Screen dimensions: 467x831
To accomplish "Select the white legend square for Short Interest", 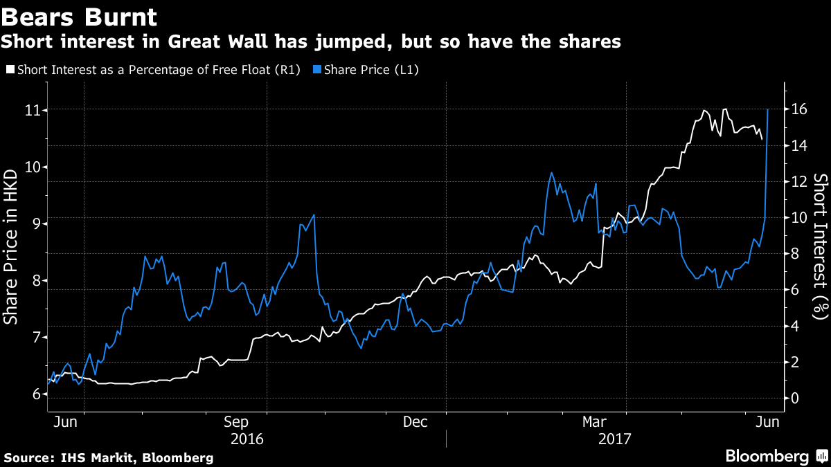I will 10,69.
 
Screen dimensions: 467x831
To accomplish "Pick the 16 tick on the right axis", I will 798,110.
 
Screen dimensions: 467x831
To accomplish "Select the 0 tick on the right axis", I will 794,399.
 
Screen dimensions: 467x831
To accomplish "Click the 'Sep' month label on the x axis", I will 236,421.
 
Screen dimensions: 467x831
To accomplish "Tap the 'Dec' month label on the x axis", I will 416,421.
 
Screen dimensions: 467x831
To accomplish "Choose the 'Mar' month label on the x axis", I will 595,421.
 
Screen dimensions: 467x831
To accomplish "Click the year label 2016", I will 247,439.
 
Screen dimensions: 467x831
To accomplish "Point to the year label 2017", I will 614,439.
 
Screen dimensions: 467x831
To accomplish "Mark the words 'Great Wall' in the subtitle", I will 215,42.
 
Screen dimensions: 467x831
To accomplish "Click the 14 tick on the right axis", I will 798,146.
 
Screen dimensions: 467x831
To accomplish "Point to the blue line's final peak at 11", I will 768,110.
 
